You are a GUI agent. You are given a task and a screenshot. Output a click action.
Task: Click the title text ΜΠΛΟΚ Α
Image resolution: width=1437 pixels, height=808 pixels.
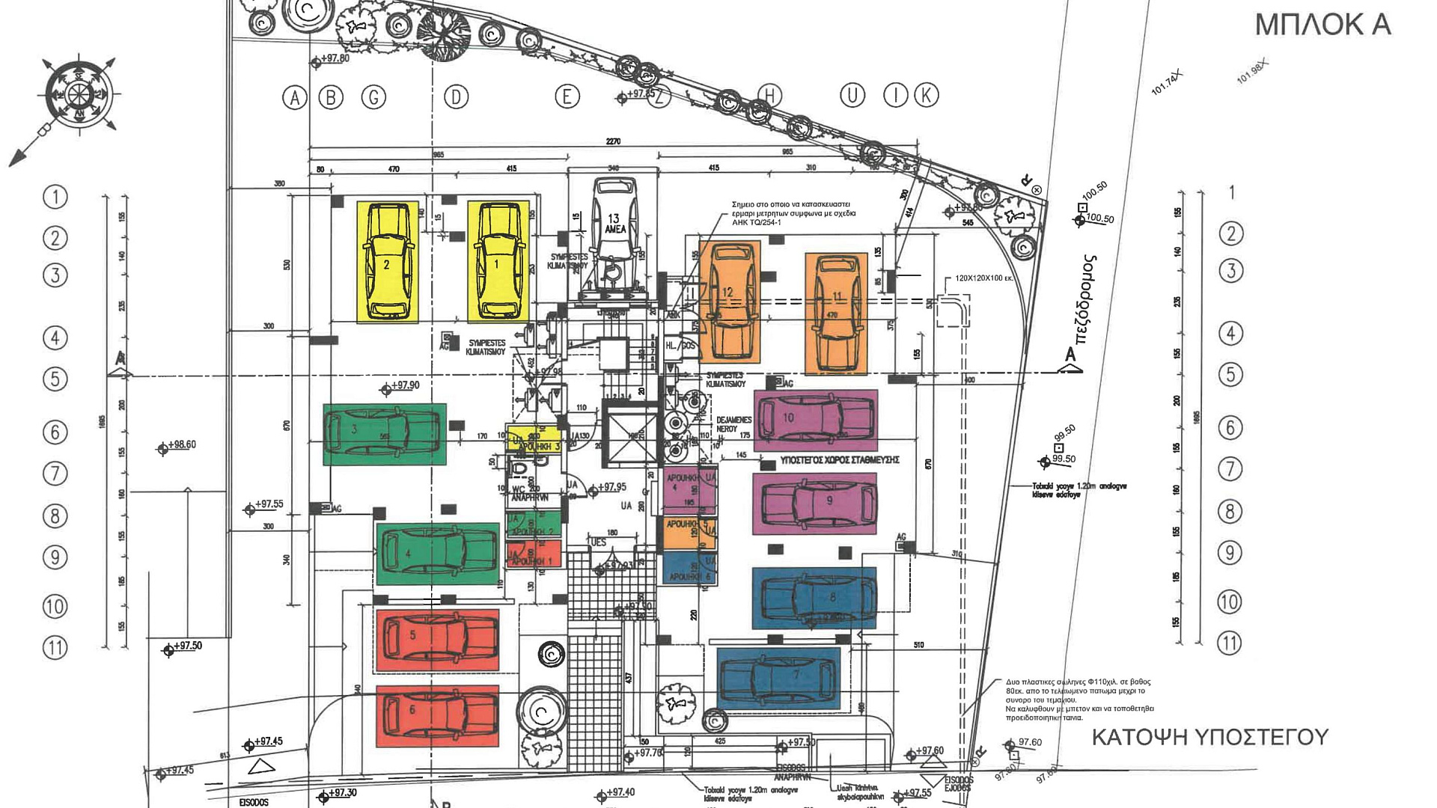pos(1322,25)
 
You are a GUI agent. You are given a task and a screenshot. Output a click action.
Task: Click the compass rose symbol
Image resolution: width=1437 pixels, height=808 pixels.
pos(78,94)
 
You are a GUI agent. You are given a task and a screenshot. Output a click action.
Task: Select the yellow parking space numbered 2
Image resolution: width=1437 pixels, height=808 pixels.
pos(387,261)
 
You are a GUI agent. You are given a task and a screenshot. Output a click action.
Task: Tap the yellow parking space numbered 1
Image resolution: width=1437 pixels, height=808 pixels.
pos(498,261)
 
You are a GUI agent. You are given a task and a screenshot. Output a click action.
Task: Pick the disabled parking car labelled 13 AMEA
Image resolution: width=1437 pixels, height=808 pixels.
pos(614,224)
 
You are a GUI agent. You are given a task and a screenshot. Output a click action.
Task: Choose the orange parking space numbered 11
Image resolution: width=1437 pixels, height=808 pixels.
pos(836,313)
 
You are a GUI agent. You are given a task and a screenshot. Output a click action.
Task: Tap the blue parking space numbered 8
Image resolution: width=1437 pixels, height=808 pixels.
pos(814,598)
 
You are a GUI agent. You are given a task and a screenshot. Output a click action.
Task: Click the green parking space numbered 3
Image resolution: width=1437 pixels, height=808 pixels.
pos(384,434)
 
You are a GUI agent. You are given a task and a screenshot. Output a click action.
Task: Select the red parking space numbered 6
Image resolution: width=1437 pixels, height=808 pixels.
pos(437,715)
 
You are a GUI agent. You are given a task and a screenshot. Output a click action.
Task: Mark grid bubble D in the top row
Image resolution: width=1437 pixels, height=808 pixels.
pos(456,97)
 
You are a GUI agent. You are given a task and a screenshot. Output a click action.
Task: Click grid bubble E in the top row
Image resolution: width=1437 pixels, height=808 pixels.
pos(567,97)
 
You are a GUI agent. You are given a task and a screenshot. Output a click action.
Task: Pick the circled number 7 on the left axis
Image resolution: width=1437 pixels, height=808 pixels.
pos(55,474)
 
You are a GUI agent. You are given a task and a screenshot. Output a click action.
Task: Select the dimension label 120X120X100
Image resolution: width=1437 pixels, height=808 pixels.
pos(983,278)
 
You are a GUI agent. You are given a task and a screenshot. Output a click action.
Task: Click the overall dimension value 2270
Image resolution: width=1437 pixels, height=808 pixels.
pos(613,141)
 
